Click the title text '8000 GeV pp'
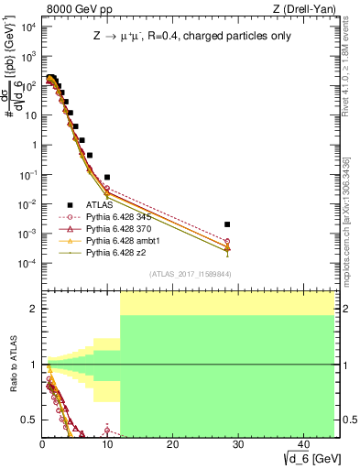pos(71,8)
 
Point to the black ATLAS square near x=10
pos(107,177)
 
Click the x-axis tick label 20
pos(171,443)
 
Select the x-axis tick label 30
pos(236,443)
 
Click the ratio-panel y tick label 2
pos(33,309)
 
